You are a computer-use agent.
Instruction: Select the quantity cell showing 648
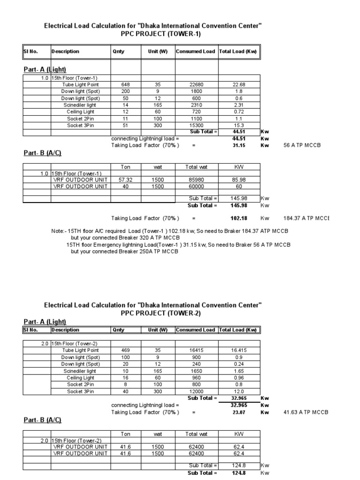(125, 84)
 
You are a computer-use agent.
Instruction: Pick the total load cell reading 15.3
(239, 125)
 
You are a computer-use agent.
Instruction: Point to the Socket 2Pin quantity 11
(125, 119)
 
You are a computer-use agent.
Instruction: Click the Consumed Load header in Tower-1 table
(195, 52)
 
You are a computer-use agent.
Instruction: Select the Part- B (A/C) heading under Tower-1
(43, 154)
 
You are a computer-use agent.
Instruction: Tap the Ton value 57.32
(125, 180)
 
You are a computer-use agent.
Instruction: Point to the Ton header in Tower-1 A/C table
(125, 166)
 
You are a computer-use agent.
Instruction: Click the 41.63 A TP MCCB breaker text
(306, 412)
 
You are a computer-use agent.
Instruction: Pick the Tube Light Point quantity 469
(125, 351)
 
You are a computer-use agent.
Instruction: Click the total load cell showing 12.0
(239, 391)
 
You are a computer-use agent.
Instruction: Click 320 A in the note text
(124, 238)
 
